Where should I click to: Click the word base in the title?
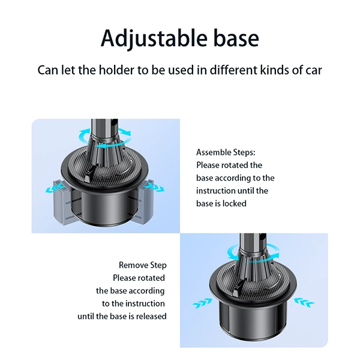236,38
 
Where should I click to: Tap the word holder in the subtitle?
116,70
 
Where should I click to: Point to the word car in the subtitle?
314,70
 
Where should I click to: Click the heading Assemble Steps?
226,152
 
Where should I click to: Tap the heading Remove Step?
143,265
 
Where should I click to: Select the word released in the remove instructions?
151,316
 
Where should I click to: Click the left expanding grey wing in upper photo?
62,203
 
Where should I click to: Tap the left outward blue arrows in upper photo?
55,187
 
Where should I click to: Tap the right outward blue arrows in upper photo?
155,187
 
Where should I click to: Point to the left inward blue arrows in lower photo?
202,303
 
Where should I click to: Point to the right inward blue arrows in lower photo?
304,302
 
